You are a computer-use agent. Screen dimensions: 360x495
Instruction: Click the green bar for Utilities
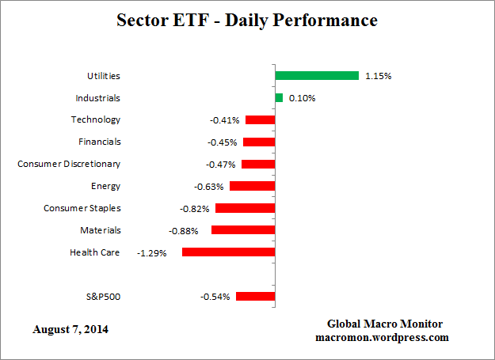click(317, 76)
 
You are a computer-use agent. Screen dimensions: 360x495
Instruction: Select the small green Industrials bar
click(279, 98)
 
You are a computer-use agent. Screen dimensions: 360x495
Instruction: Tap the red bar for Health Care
click(228, 252)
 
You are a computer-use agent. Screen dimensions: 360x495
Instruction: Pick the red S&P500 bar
click(255, 297)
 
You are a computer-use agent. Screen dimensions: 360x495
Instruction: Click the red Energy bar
click(252, 186)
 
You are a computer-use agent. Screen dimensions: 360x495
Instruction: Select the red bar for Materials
click(243, 230)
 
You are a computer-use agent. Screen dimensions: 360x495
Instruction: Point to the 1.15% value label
click(379, 77)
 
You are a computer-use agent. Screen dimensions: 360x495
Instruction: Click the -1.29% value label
click(152, 253)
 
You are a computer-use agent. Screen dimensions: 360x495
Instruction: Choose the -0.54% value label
click(215, 297)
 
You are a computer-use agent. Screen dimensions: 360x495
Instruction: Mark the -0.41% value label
click(225, 120)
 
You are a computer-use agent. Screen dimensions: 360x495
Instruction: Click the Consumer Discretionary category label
click(69, 164)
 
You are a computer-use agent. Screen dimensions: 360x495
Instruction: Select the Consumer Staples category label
click(82, 208)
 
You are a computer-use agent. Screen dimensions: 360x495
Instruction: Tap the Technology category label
click(95, 119)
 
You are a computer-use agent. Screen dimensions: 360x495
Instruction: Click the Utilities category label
click(104, 76)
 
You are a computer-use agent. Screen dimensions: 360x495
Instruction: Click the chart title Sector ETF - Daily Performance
click(247, 20)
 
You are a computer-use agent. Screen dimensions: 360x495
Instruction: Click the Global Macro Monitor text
click(385, 324)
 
